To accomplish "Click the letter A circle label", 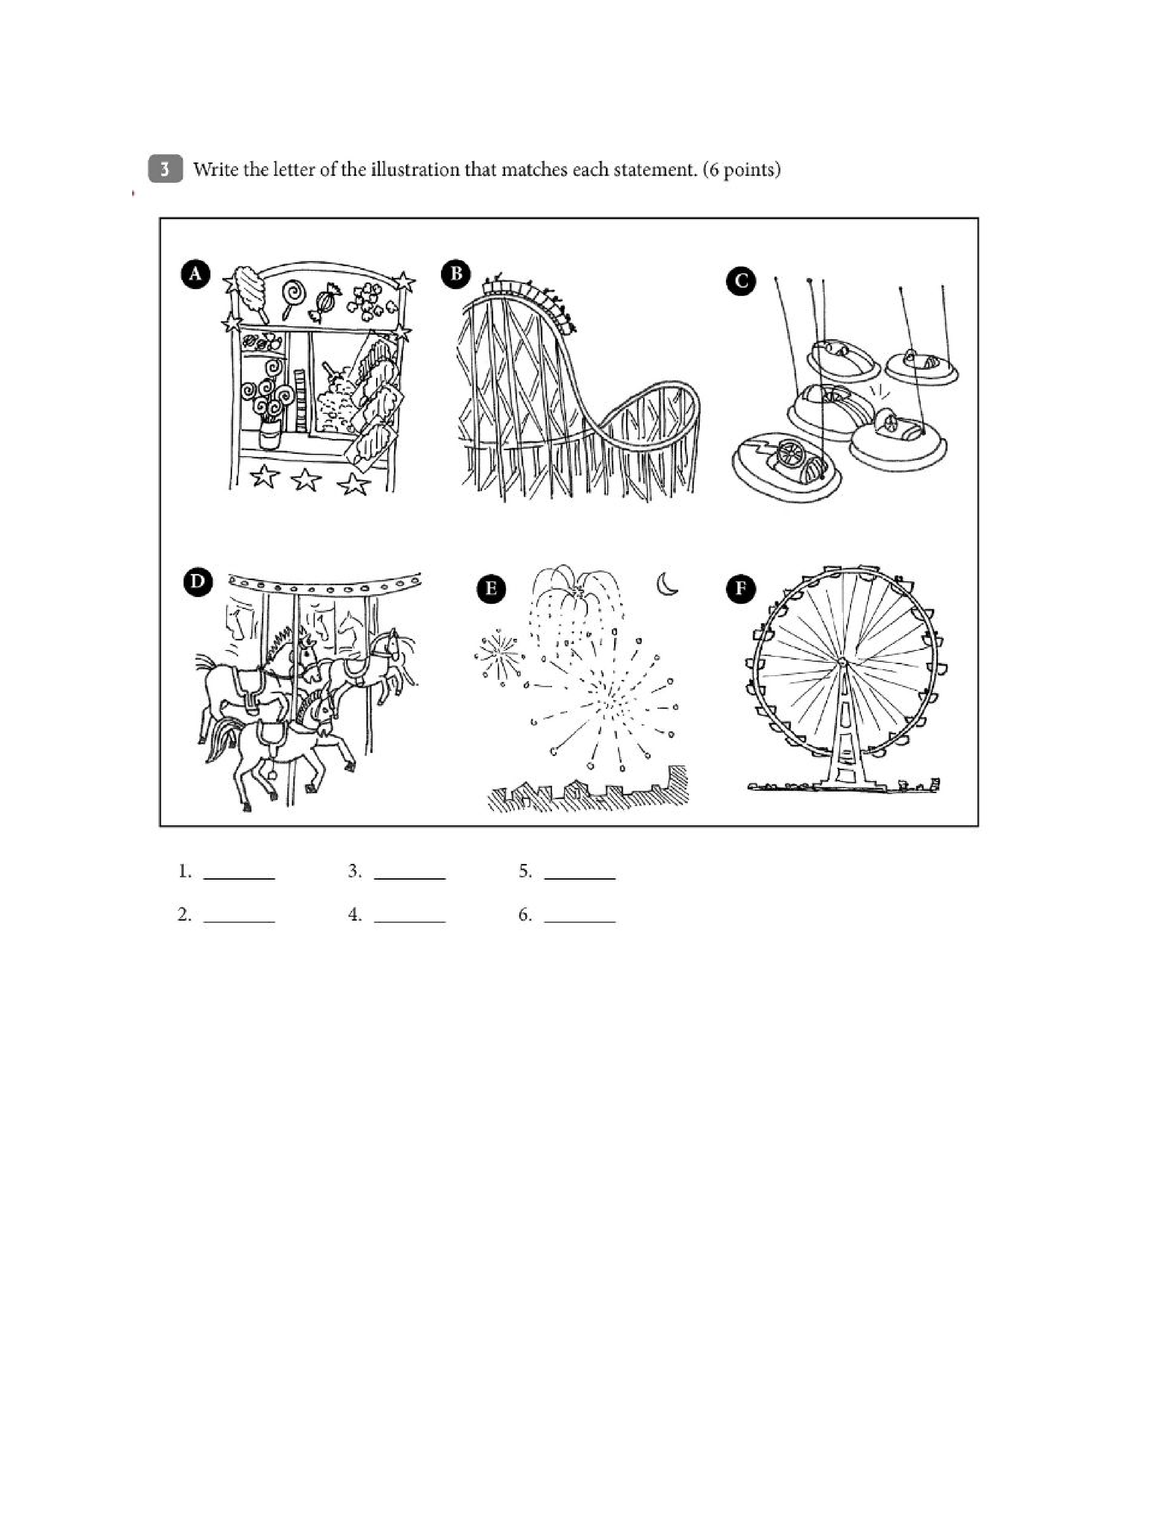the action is [195, 274].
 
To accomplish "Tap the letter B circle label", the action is [456, 273].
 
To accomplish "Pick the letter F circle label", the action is [741, 589].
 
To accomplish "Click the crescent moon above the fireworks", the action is [667, 584].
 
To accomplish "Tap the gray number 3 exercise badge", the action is [166, 169].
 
